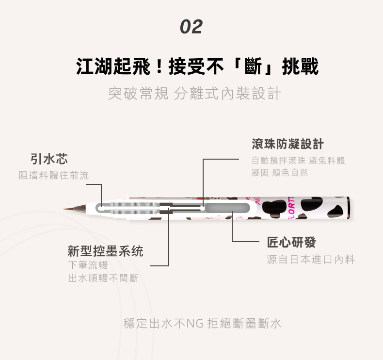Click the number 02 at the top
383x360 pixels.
[x=191, y=27]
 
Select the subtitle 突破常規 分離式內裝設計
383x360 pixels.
[x=194, y=93]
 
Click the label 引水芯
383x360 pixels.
[x=49, y=159]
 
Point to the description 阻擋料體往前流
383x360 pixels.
[x=54, y=175]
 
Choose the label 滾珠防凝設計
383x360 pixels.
[x=287, y=144]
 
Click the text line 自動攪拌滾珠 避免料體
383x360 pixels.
[x=298, y=161]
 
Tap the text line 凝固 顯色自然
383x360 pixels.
[x=280, y=173]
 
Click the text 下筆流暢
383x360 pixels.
[x=88, y=265]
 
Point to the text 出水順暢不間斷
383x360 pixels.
[x=103, y=278]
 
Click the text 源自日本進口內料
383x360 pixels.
[x=311, y=260]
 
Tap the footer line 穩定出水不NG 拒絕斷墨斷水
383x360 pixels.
[x=203, y=323]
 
